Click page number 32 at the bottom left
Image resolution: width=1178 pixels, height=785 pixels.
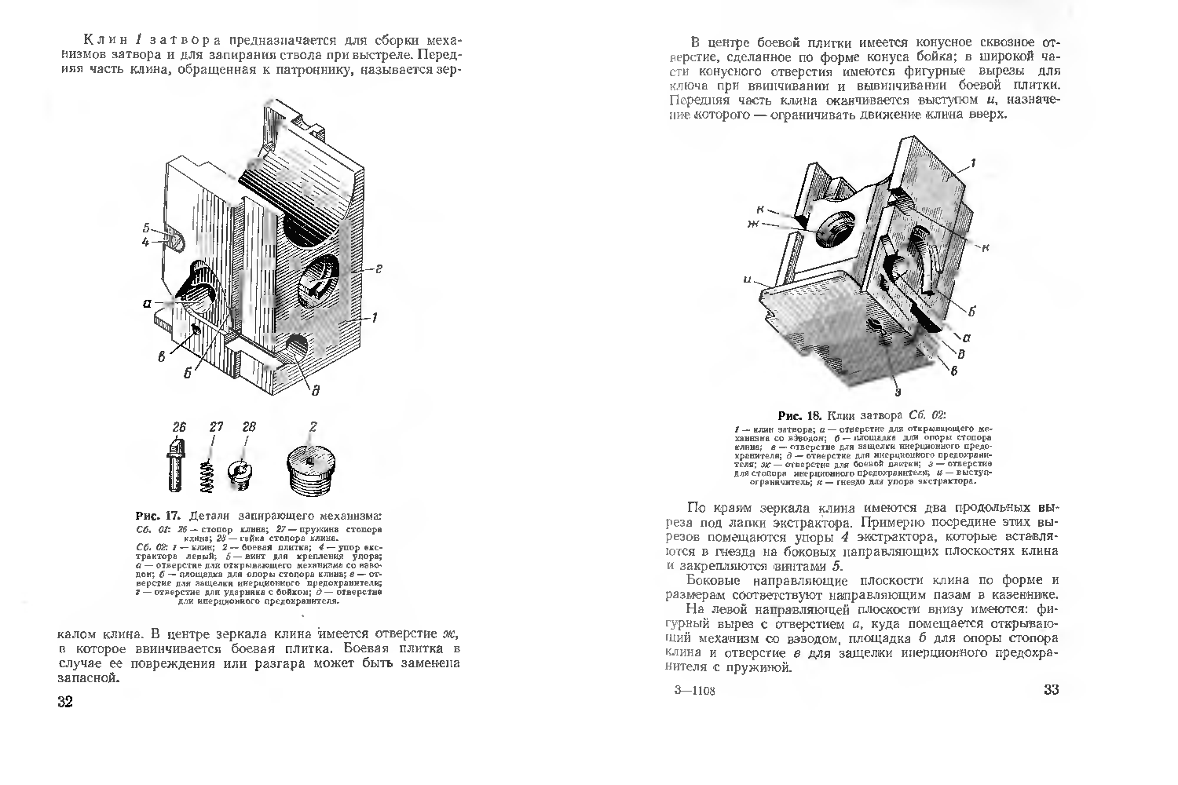[x=65, y=701]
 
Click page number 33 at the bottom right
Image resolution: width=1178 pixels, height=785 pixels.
[x=1052, y=691]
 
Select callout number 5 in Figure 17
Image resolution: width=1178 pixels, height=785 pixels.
[x=146, y=228]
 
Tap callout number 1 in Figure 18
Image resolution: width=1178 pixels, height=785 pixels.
[x=972, y=163]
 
